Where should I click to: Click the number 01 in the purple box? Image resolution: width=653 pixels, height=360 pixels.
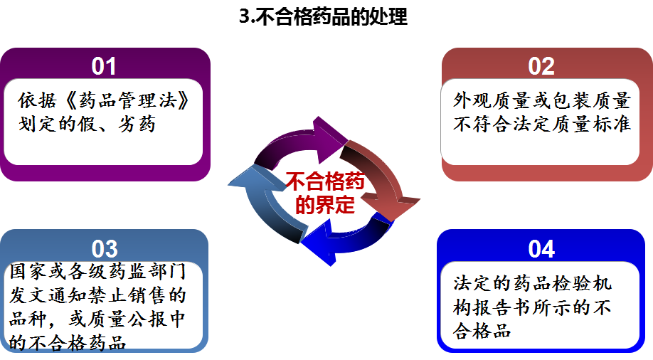tap(104, 66)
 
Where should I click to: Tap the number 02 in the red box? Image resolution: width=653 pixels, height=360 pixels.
tap(541, 66)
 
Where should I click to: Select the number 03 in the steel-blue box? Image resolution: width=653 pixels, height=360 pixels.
tap(104, 249)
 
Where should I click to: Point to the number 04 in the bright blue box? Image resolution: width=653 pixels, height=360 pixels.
tap(541, 249)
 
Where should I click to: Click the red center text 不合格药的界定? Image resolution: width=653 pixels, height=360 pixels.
tap(324, 194)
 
